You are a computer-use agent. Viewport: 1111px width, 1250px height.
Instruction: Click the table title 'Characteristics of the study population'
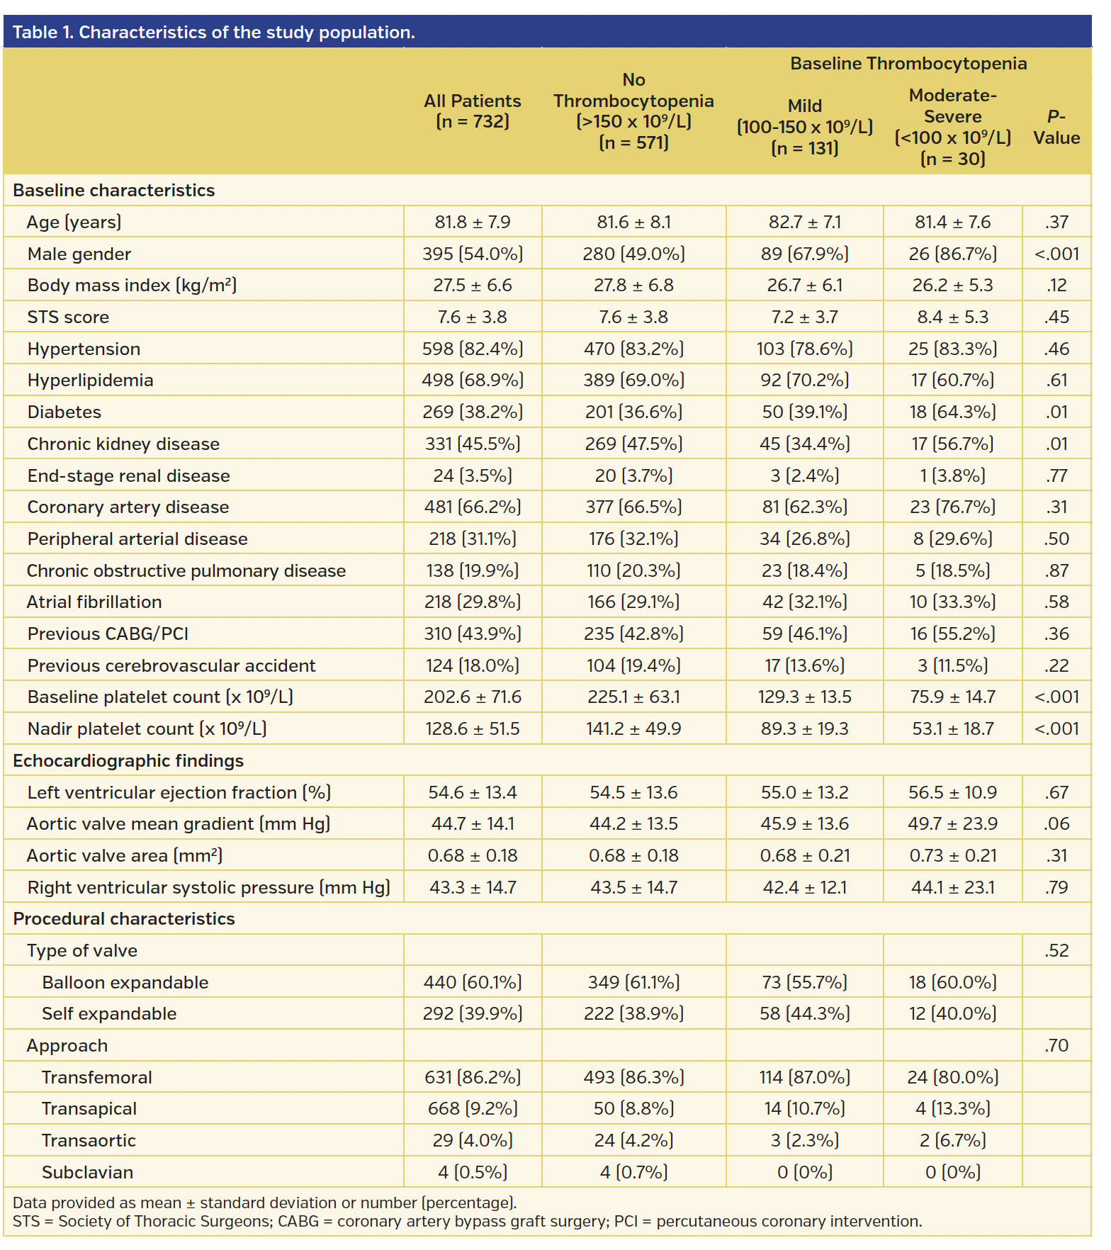coord(213,33)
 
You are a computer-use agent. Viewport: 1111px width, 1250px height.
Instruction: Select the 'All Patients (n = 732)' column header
coord(473,111)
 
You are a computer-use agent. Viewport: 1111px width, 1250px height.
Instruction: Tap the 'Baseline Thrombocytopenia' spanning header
coord(908,64)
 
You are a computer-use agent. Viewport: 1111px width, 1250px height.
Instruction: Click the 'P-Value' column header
coord(1056,128)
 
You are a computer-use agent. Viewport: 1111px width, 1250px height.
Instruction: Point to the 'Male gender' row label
coord(79,254)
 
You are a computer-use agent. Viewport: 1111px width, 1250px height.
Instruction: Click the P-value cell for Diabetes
coord(1056,412)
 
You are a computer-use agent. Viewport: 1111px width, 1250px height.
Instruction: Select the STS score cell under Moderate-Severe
coord(952,317)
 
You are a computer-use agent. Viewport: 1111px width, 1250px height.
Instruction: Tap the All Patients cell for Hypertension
coord(473,349)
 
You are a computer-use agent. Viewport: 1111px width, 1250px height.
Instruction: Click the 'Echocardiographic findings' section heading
coord(128,760)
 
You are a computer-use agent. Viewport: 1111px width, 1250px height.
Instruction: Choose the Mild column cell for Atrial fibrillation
coord(804,602)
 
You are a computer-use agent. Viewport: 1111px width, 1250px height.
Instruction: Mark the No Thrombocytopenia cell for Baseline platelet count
coord(633,697)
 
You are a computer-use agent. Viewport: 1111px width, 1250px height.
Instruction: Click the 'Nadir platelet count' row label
coord(147,728)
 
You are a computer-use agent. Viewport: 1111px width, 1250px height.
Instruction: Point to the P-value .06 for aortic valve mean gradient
coord(1056,823)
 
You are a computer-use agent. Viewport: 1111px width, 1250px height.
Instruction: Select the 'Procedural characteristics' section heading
coord(124,918)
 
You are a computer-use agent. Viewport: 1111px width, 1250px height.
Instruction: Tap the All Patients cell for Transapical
coord(473,1108)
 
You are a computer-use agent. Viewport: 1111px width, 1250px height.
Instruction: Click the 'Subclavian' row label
coord(87,1172)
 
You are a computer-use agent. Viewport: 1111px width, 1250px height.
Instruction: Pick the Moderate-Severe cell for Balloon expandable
coord(952,982)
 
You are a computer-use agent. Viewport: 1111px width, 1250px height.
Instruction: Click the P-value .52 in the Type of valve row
coord(1056,950)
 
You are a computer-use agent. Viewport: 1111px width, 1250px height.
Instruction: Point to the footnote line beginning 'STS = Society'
coord(468,1221)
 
